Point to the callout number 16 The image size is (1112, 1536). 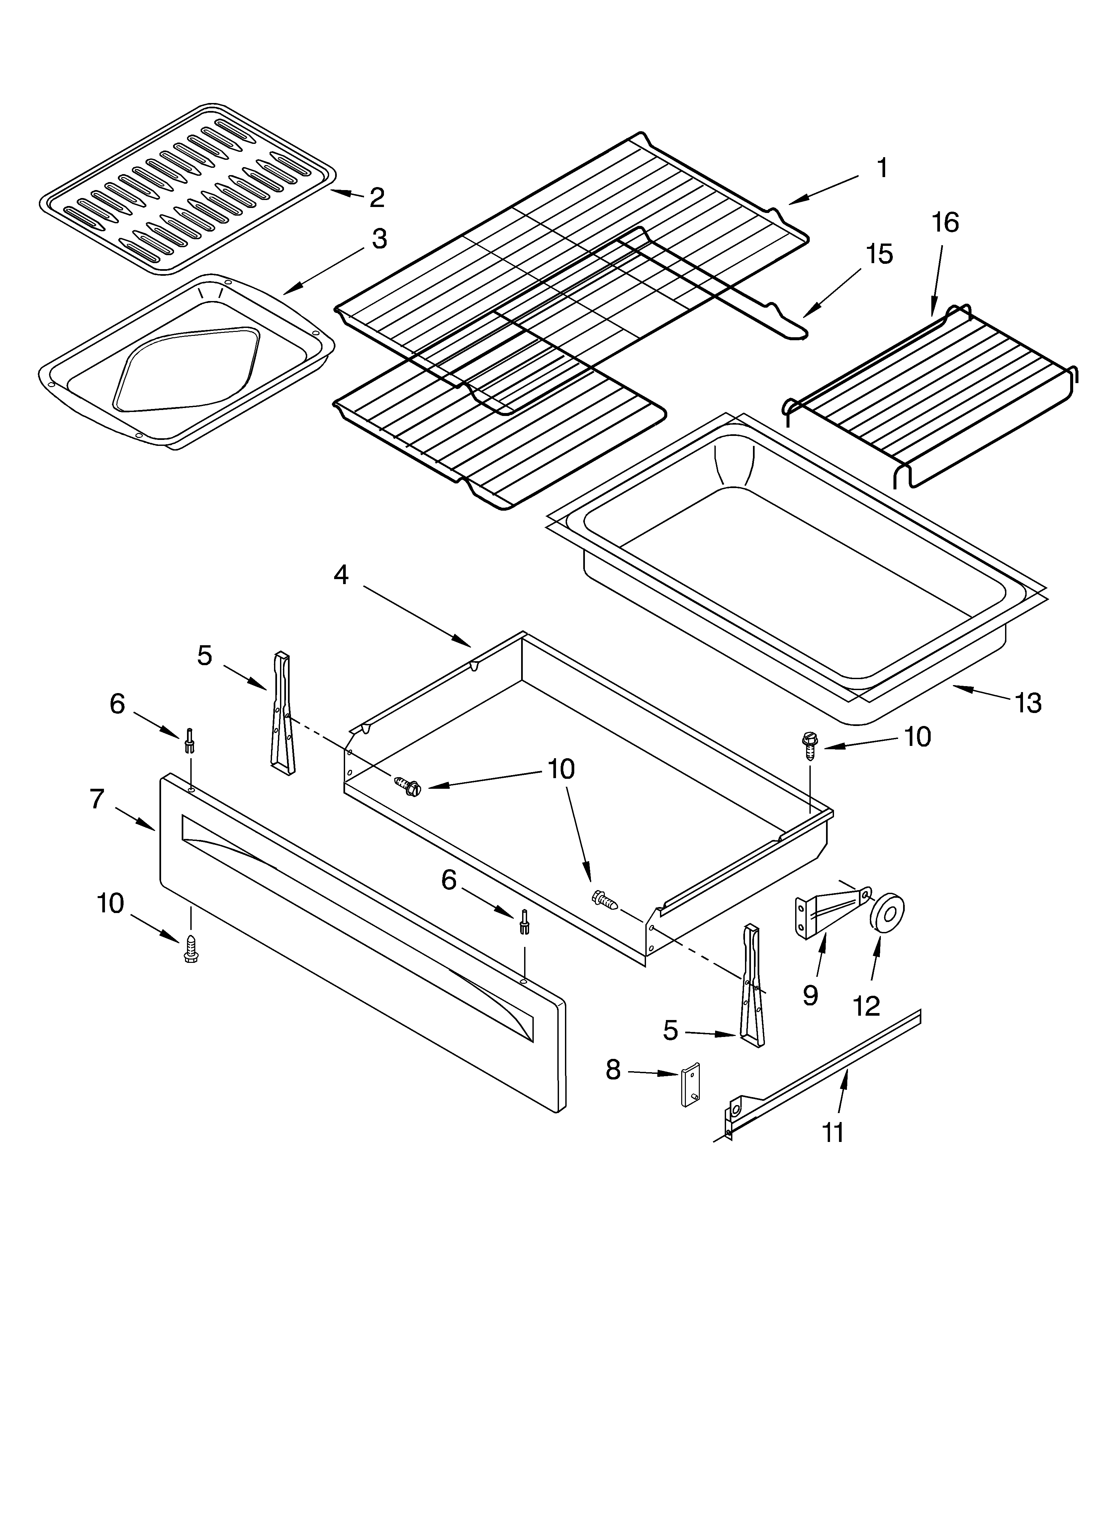(945, 223)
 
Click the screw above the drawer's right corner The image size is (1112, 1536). (809, 742)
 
